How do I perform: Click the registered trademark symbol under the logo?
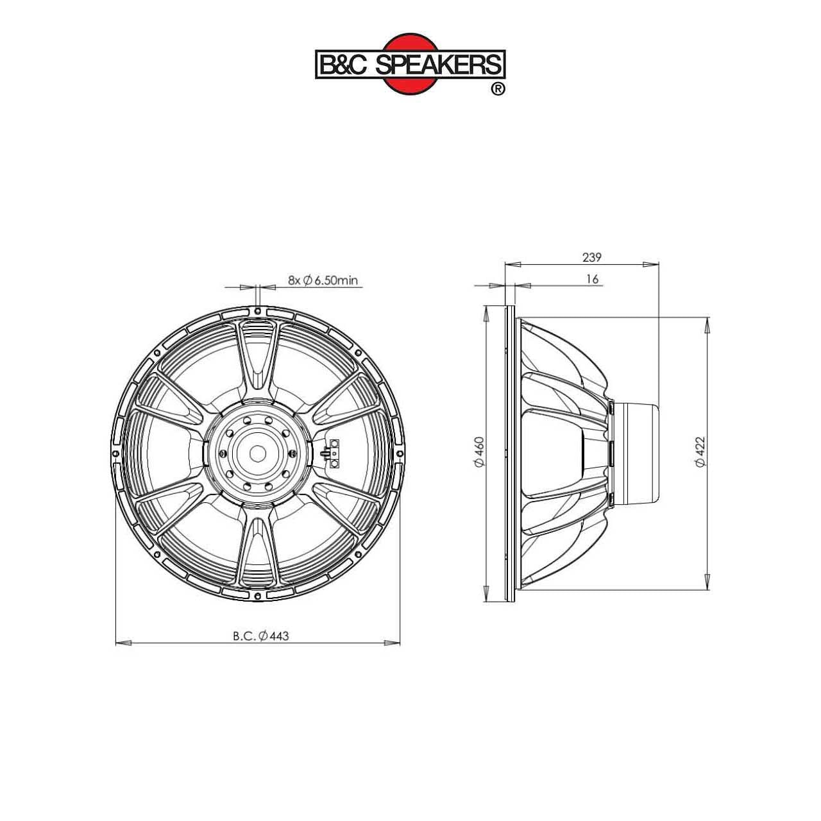tap(497, 89)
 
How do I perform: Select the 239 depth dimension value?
tap(591, 257)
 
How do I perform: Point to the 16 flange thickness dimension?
tap(591, 279)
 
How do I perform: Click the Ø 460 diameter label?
tap(478, 452)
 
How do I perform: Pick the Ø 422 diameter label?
tap(700, 452)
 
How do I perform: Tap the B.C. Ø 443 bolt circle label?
tap(261, 636)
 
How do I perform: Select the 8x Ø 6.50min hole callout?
tap(323, 280)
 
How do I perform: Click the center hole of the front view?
tap(257, 453)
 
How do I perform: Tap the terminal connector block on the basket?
tap(334, 453)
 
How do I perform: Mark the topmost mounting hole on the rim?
tap(257, 311)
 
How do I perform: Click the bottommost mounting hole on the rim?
tap(257, 595)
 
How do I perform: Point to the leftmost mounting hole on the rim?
tap(115, 453)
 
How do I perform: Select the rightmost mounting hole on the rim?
tap(399, 453)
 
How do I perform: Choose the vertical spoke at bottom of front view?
tap(257, 545)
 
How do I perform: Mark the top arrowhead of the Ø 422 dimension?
tap(707, 325)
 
